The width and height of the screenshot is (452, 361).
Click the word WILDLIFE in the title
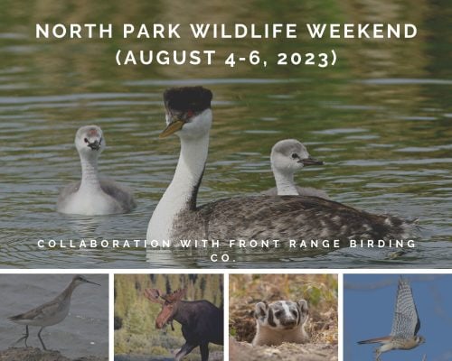[240, 31]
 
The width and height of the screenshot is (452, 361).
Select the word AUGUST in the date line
[170, 57]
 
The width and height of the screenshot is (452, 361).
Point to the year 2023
[302, 58]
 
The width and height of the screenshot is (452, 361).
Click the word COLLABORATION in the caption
[105, 244]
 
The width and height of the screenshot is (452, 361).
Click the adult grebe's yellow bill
[172, 129]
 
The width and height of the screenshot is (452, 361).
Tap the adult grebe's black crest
[188, 99]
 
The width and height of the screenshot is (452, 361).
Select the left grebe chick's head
[89, 139]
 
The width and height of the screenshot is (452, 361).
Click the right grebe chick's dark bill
[311, 162]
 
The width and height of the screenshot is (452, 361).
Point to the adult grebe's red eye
[190, 115]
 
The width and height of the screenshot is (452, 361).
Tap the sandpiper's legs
[33, 337]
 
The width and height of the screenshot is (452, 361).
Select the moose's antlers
[166, 296]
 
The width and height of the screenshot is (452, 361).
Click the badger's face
[281, 315]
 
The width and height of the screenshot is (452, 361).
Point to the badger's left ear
[260, 309]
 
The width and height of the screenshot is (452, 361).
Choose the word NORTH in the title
[74, 31]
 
